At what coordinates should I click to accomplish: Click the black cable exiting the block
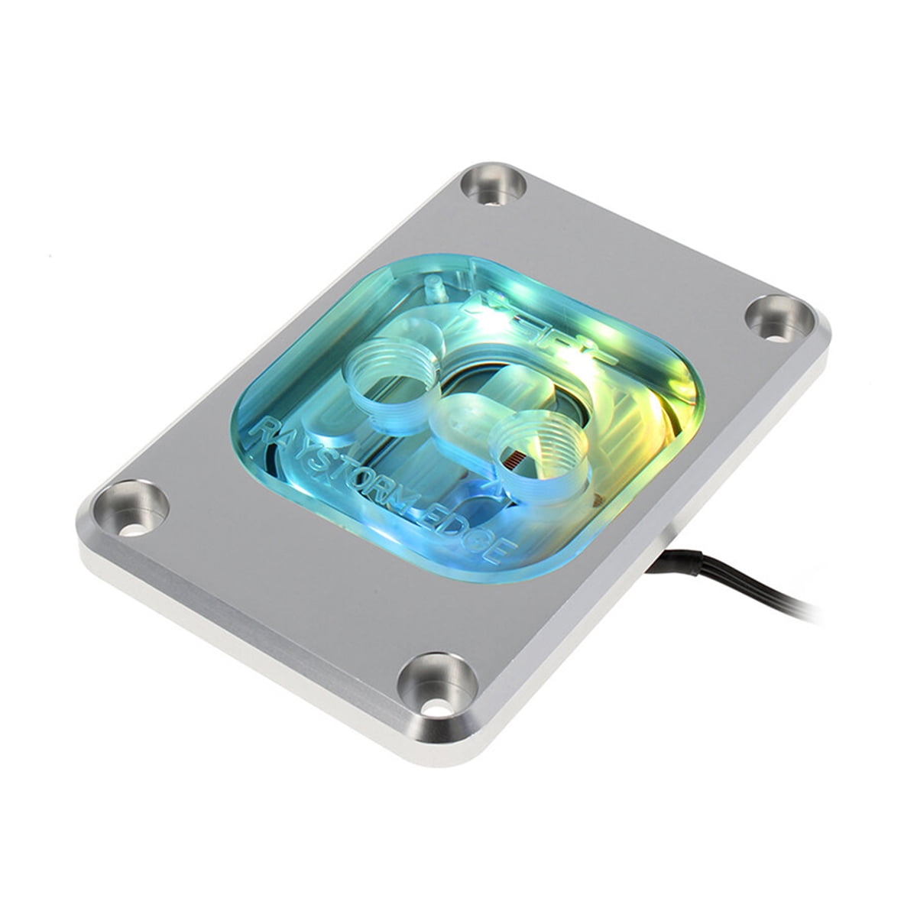point(734,581)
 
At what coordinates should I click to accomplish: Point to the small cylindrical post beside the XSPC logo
point(436,291)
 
